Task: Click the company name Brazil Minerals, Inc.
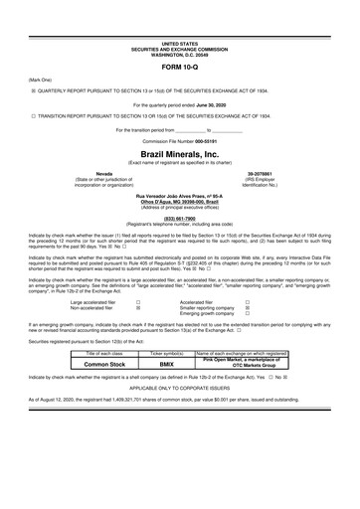(180, 156)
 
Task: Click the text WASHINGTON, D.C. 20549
(180, 25)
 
